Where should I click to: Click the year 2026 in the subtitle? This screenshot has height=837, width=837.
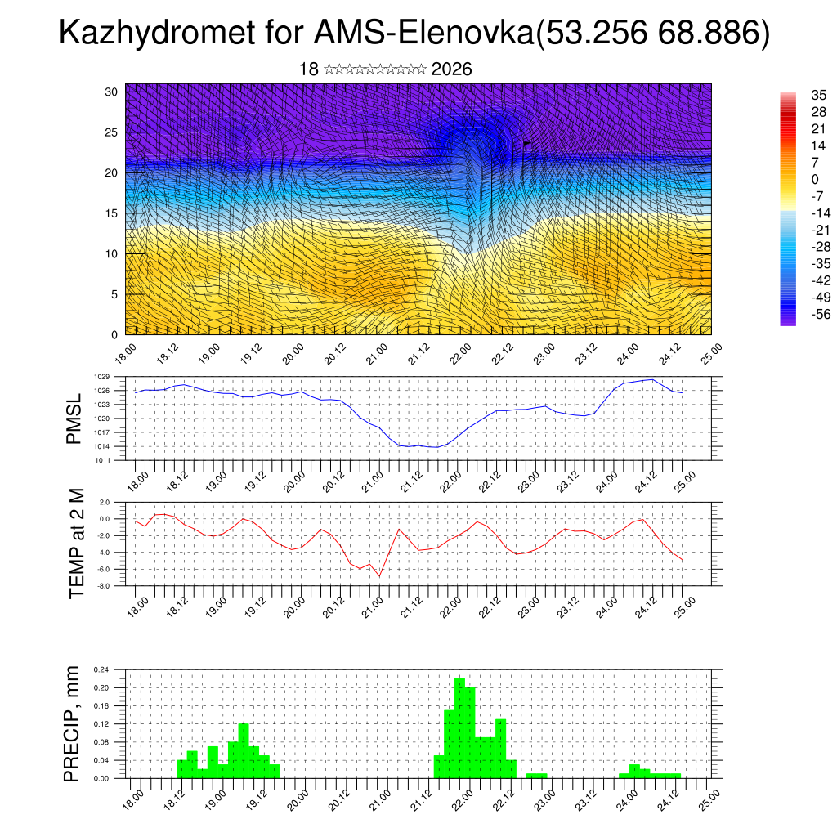coord(451,69)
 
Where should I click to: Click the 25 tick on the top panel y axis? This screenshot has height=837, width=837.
coord(111,132)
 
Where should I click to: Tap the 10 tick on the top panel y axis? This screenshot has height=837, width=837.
coord(111,253)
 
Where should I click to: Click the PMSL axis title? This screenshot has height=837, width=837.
coord(74,419)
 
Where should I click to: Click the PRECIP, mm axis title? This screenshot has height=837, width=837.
coord(73,723)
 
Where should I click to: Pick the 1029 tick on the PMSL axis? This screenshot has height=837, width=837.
coord(101,377)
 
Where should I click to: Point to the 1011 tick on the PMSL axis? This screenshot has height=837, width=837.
coord(101,460)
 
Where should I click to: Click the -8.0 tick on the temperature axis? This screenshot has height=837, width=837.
coord(104,586)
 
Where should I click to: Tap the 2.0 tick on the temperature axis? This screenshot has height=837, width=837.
coord(105,502)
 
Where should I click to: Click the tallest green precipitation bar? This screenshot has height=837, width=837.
coord(459,727)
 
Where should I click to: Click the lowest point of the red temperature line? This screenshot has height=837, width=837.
coord(379,576)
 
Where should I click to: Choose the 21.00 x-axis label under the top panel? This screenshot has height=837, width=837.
coord(375,351)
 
